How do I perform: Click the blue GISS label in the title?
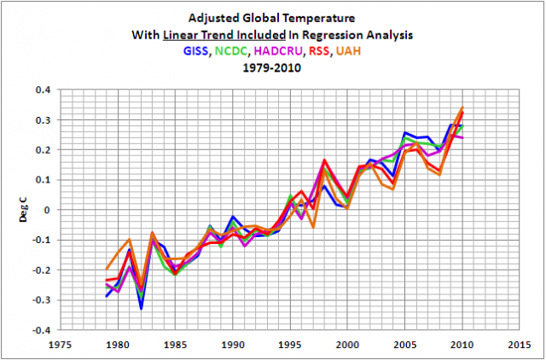[x=196, y=51]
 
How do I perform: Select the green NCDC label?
[x=231, y=51]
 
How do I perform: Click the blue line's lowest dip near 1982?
[x=141, y=308]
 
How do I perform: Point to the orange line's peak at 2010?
[x=462, y=107]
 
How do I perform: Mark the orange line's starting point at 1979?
[x=107, y=269]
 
